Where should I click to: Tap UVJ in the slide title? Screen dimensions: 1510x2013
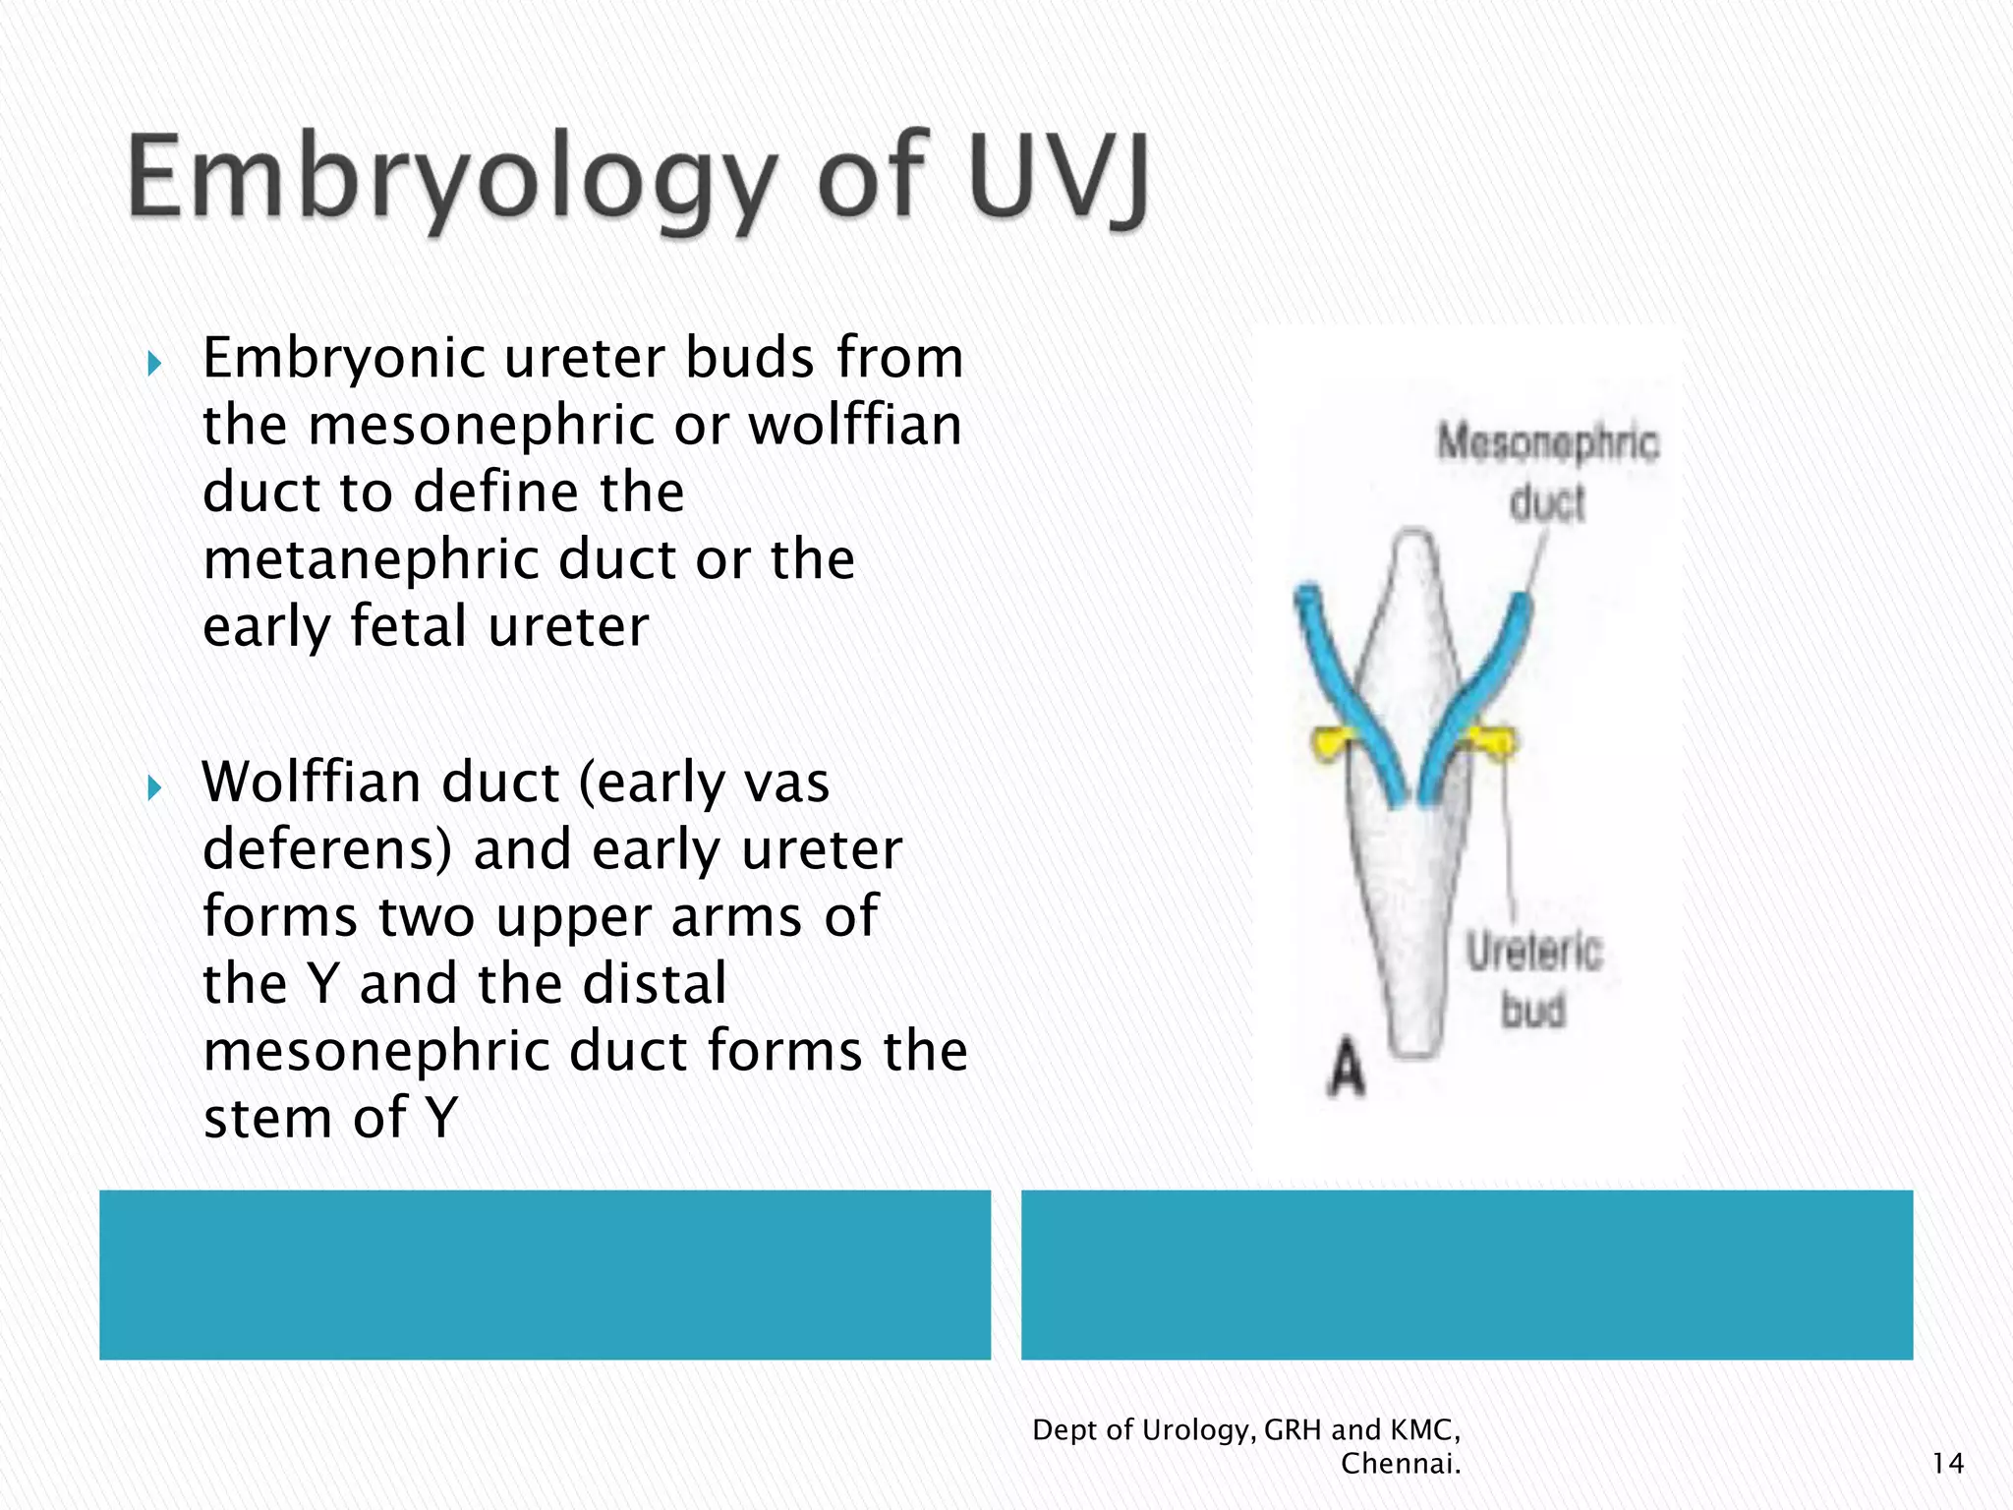(x=1058, y=180)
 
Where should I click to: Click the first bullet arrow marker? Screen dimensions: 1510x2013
(x=153, y=365)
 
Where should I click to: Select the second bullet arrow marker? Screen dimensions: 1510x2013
(x=153, y=787)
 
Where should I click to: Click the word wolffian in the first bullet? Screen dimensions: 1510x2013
(x=855, y=425)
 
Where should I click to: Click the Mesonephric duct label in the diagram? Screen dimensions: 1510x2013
(x=1548, y=472)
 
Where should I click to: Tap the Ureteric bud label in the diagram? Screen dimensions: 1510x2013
(x=1534, y=980)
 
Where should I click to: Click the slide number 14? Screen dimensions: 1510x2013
(x=1947, y=1464)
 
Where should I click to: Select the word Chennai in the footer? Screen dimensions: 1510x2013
(x=1400, y=1464)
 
